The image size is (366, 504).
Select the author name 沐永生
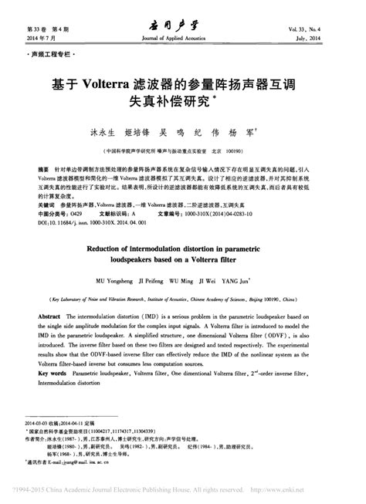coord(103,132)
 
